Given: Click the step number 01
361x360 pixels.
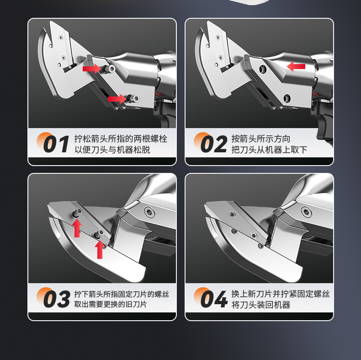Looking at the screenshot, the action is pyautogui.click(x=56, y=144).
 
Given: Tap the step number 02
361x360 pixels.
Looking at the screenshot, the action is pyautogui.click(x=214, y=144).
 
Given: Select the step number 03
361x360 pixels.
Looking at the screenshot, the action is pyautogui.click(x=57, y=299).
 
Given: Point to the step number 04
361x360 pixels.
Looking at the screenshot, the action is pyautogui.click(x=214, y=299).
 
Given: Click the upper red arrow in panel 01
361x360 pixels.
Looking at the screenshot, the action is pyautogui.click(x=92, y=69).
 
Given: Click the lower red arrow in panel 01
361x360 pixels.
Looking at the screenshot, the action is pyautogui.click(x=117, y=99).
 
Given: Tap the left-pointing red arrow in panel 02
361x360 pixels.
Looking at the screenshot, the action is pyautogui.click(x=296, y=67).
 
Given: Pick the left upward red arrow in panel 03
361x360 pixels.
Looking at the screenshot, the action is pyautogui.click(x=77, y=228).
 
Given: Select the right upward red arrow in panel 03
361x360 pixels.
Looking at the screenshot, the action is pyautogui.click(x=100, y=249).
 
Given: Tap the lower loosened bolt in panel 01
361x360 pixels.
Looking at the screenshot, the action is pyautogui.click(x=133, y=99).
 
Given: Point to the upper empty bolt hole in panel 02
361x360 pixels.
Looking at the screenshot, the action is pyautogui.click(x=263, y=69).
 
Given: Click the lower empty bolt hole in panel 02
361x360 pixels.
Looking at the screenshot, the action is pyautogui.click(x=287, y=98).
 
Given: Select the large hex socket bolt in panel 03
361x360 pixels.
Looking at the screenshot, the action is pyautogui.click(x=149, y=212).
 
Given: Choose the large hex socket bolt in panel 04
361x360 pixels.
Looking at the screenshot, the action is pyautogui.click(x=307, y=212).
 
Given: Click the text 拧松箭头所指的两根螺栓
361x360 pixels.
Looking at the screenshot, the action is pyautogui.click(x=121, y=139).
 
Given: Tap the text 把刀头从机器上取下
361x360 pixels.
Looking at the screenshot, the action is pyautogui.click(x=269, y=150).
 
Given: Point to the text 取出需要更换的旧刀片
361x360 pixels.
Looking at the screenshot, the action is pyautogui.click(x=111, y=304).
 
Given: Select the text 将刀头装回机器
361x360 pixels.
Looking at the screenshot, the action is pyautogui.click(x=260, y=305).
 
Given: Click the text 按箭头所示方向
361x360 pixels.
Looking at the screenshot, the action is pyautogui.click(x=260, y=139).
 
